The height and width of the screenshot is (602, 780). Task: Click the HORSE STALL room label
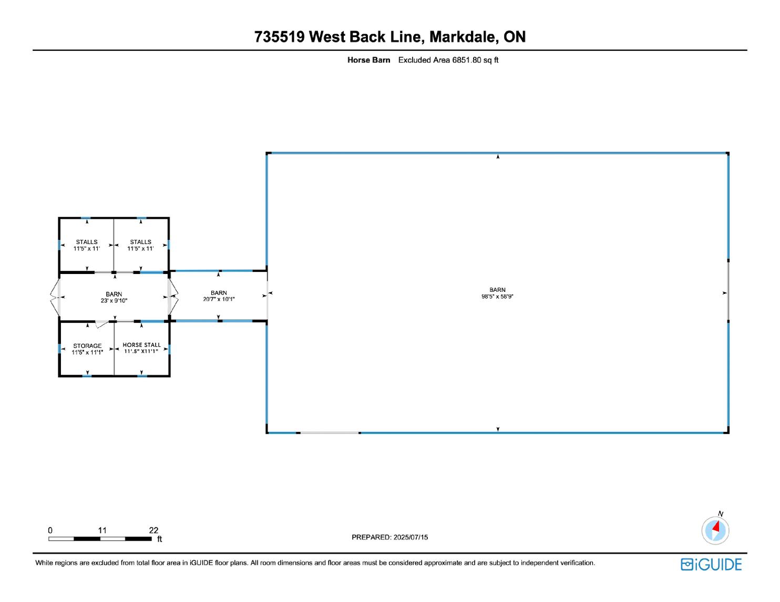142,345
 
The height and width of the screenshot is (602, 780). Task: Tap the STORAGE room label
87,346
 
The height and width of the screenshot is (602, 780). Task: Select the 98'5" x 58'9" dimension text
497,297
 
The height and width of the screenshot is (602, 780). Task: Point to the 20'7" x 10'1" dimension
219,300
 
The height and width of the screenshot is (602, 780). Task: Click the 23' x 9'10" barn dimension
114,301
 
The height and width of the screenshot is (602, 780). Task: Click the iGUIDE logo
711,565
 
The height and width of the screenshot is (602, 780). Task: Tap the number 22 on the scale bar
153,531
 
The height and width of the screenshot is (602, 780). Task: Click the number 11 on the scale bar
102,531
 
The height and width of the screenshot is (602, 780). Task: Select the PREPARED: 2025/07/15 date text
389,537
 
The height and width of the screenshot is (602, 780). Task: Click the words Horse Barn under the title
368,60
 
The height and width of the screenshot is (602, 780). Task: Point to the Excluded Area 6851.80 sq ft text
448,60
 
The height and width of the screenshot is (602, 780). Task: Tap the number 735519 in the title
279,37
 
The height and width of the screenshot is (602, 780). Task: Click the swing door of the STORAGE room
101,324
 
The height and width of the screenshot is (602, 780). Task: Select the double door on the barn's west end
55,297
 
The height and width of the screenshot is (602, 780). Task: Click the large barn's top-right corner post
727,153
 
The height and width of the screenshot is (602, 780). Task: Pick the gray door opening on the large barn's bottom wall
329,432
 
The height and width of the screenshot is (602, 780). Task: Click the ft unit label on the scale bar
160,540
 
